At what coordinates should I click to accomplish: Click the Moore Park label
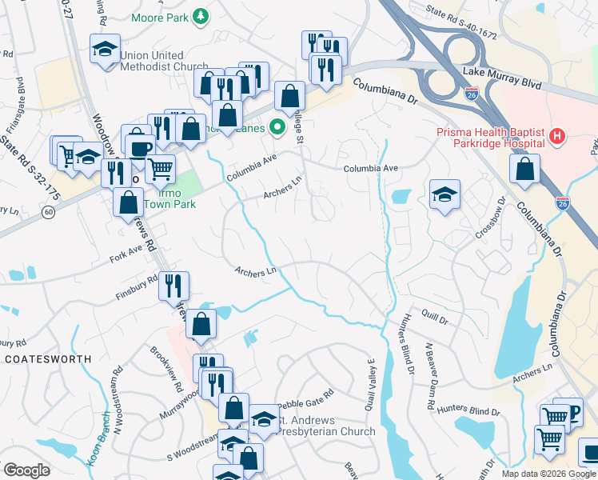[x=162, y=15]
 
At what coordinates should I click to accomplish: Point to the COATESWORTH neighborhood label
[x=46, y=359]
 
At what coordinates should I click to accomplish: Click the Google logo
[x=26, y=470]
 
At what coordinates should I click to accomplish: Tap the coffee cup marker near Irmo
[x=142, y=149]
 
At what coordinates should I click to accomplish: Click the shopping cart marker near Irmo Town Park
[x=161, y=169]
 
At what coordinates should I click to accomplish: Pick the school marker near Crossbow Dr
[x=445, y=194]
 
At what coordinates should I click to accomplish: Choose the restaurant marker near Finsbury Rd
[x=173, y=285]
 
